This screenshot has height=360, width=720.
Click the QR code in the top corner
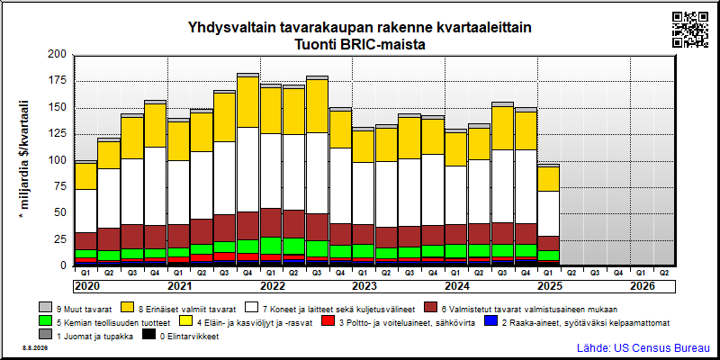pyautogui.click(x=690, y=30)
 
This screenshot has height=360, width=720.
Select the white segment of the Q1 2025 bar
pyautogui.click(x=547, y=213)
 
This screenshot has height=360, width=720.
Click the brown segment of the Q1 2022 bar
pyautogui.click(x=271, y=222)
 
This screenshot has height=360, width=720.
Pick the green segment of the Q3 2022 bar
pyautogui.click(x=318, y=249)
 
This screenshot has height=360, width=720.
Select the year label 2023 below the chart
pyautogui.click(x=364, y=286)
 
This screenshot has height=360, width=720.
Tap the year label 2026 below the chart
pyautogui.click(x=643, y=286)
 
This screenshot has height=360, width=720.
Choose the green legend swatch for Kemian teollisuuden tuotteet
pyautogui.click(x=45, y=322)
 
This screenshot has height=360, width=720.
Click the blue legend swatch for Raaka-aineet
pyautogui.click(x=490, y=322)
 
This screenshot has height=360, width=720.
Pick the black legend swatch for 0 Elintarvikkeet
pyautogui.click(x=148, y=336)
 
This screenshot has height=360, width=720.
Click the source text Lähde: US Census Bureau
pyautogui.click(x=643, y=347)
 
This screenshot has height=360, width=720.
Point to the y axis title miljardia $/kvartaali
pyautogui.click(x=24, y=160)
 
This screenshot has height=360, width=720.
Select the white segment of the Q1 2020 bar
pyautogui.click(x=85, y=211)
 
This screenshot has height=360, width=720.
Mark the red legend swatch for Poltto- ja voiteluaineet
pyautogui.click(x=328, y=322)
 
